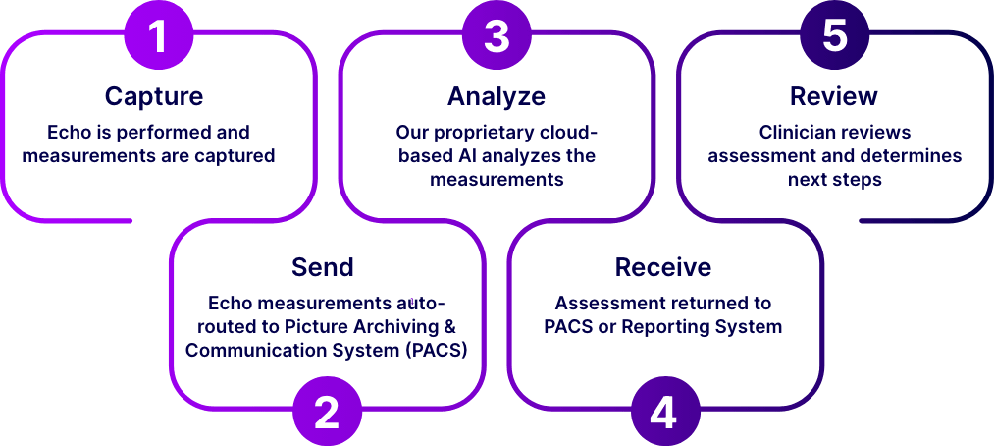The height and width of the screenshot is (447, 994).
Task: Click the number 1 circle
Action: [158, 36]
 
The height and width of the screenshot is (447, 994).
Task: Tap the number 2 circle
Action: [327, 413]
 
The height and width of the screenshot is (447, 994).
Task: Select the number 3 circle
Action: [497, 36]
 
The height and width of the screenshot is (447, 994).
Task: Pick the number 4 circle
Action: [664, 413]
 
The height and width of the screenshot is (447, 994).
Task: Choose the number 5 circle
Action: [834, 36]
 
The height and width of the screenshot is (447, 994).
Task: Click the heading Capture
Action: [154, 96]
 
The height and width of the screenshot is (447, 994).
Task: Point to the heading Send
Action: [323, 267]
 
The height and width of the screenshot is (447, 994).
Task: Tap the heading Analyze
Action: [497, 96]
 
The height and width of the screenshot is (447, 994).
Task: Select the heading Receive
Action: [663, 267]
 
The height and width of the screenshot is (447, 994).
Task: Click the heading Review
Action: [834, 96]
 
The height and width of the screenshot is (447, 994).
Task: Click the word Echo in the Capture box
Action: [67, 132]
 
